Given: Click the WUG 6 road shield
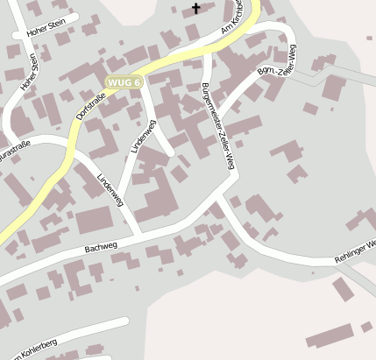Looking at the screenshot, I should click(x=124, y=81).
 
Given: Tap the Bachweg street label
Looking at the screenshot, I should click(x=101, y=248).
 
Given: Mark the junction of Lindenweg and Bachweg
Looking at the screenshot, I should click(x=141, y=235).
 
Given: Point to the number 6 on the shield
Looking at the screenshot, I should click(x=137, y=81).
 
